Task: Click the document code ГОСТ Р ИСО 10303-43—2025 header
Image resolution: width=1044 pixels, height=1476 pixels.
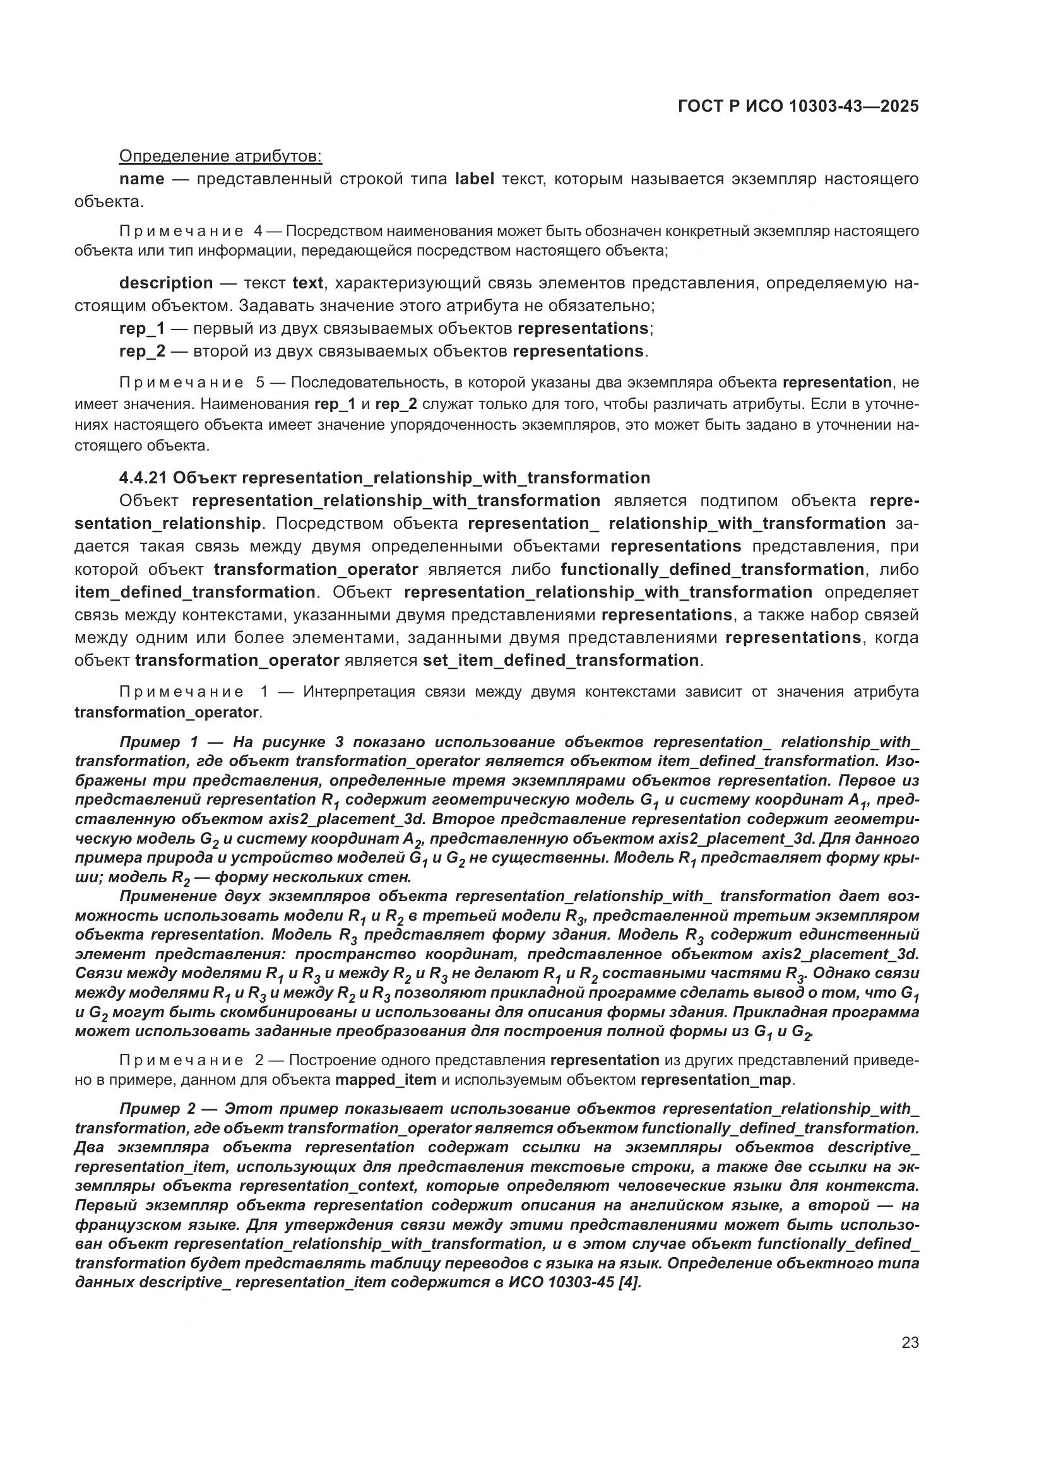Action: [798, 107]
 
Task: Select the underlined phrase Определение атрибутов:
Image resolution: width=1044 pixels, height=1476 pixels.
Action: [220, 156]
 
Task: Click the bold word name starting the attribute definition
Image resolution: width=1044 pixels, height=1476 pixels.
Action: [141, 179]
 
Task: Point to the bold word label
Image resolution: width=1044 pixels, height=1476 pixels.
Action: [475, 179]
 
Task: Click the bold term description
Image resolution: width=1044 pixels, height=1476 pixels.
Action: [166, 283]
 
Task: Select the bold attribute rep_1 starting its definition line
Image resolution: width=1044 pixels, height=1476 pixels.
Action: [142, 329]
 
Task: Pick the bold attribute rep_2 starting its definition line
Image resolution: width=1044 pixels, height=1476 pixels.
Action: [142, 351]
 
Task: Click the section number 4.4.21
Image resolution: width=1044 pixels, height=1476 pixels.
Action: [143, 478]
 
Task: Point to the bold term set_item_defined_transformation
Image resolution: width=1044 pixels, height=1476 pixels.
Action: [561, 660]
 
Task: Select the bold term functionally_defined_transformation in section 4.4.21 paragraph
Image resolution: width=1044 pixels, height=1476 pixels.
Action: [712, 569]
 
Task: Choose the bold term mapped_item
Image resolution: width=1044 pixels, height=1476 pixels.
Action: [386, 1079]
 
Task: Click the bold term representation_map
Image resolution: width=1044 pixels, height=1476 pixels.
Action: [716, 1079]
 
